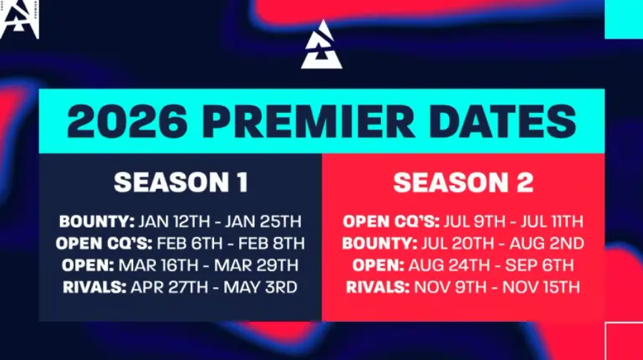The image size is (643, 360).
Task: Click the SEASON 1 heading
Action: coord(180,183)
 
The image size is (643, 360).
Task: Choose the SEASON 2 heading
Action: coord(463,183)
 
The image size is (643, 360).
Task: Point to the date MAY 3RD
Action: coord(258,288)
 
